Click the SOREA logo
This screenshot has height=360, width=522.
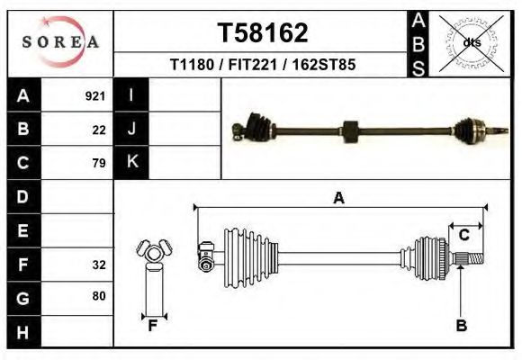click(x=60, y=42)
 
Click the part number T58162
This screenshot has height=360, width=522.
click(x=263, y=33)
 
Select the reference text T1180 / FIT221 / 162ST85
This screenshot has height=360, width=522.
click(x=263, y=66)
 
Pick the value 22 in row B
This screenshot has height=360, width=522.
click(x=99, y=130)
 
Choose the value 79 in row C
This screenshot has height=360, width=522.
click(x=99, y=163)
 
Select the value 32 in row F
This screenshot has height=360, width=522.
click(x=99, y=265)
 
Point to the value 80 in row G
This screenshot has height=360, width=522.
click(x=99, y=296)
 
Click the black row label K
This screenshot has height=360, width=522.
click(x=131, y=163)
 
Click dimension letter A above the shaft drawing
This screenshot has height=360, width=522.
click(x=338, y=199)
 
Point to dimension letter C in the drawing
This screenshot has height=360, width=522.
click(x=464, y=236)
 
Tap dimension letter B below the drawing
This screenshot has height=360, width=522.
click(x=461, y=327)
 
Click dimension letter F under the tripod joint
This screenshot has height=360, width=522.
click(x=153, y=327)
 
